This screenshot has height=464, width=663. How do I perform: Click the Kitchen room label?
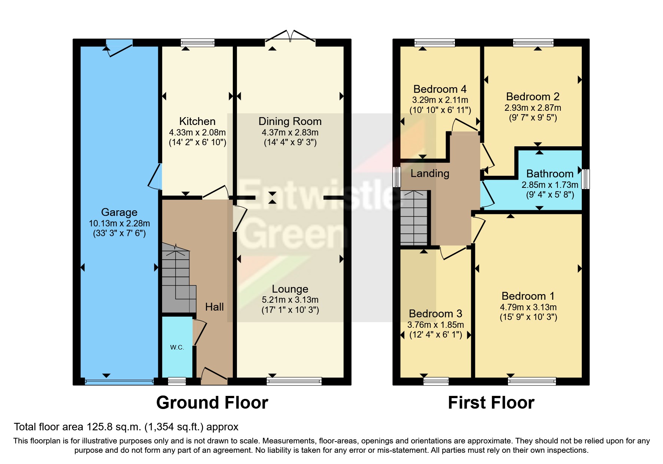pos(197,121)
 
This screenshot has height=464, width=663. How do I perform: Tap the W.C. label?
pos(177,347)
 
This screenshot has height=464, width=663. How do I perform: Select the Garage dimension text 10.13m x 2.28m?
pos(119,223)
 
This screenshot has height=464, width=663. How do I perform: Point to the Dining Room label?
pos(290,121)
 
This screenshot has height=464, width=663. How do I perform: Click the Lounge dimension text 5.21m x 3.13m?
pos(290,300)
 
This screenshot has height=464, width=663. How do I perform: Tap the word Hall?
pos(215,307)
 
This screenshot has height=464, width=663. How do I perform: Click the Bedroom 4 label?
pos(440,89)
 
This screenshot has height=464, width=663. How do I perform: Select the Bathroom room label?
pos(550,174)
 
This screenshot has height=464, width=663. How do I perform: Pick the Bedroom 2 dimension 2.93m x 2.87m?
pos(533,108)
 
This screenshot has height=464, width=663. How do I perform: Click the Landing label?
pos(430,173)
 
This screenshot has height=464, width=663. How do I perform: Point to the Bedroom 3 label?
pos(435,314)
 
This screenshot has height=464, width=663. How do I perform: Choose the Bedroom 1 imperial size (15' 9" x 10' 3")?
pos(529,317)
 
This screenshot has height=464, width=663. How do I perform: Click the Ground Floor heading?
pos(212,403)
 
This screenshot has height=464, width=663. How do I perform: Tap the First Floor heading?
pos(491,403)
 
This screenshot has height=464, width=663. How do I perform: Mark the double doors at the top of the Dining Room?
pos(290,36)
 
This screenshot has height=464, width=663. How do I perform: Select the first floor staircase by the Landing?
pos(414,217)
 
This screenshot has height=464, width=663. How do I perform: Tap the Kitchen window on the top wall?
pos(198,43)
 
